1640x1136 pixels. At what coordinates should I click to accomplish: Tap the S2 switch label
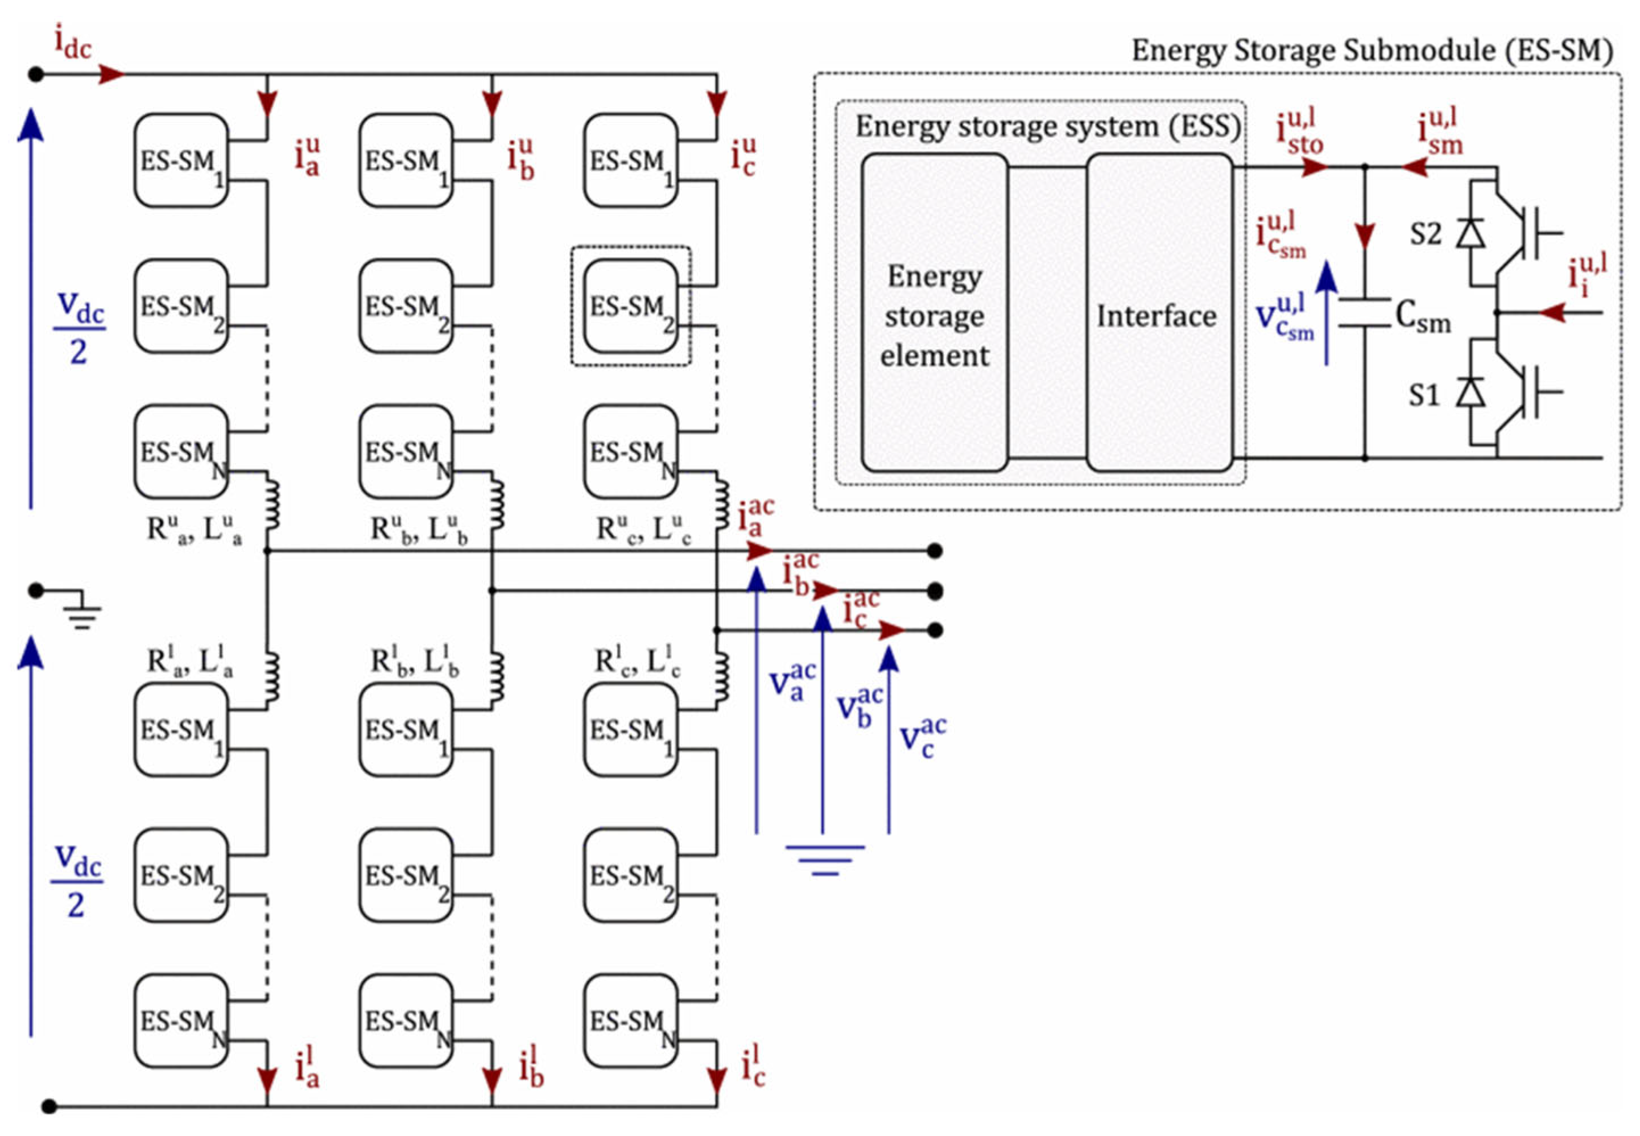1425,233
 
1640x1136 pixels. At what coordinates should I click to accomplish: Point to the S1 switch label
1424,395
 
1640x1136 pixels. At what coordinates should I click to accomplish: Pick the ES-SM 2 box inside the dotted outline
631,306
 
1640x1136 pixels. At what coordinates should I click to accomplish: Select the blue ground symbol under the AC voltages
825,859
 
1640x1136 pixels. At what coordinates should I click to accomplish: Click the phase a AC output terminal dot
935,550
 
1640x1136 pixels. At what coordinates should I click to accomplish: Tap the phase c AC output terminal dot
935,630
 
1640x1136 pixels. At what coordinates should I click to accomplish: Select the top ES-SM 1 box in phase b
406,161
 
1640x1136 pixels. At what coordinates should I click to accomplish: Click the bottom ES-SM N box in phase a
181,1021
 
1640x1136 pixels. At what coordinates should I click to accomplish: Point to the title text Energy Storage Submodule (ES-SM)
1372,51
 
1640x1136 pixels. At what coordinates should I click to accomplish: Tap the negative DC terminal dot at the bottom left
49,1106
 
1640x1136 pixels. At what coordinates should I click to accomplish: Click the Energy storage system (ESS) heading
1048,127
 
